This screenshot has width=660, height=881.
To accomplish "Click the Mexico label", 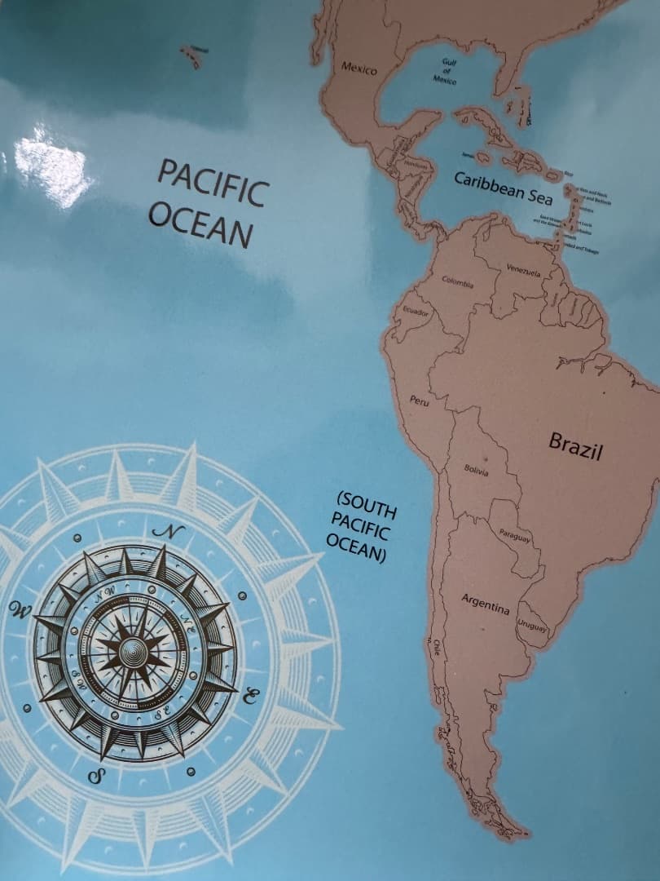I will click(359, 69).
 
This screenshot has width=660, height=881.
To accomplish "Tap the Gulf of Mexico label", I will click(446, 72).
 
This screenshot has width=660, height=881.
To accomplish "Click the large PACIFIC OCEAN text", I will click(209, 203).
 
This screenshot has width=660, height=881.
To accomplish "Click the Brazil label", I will click(575, 446).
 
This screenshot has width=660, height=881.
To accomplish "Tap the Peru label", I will click(419, 401).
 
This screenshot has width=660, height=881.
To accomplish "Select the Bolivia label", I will click(476, 471).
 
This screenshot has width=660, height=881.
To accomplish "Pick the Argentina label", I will click(486, 604).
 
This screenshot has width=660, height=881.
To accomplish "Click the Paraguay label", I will click(515, 536).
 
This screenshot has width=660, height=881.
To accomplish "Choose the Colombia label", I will click(458, 283).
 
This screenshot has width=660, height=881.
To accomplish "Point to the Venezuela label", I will click(524, 270).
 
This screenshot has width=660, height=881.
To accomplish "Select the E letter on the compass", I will click(252, 696).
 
